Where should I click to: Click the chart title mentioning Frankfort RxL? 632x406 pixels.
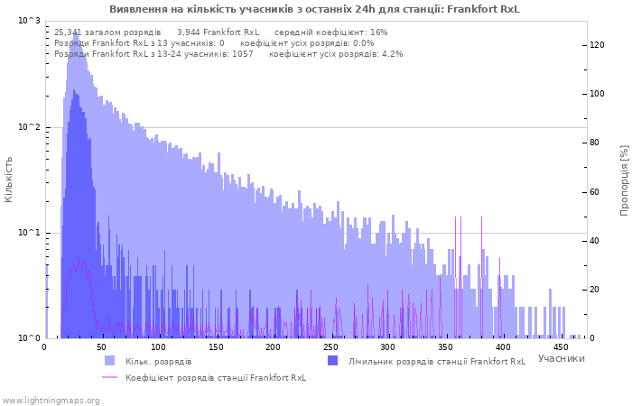(314, 9)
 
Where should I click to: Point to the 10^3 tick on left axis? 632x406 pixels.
(30, 21)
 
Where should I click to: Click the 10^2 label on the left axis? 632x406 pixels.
(30, 127)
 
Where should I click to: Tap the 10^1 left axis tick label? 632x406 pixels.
(30, 233)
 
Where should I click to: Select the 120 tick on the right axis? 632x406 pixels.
(597, 45)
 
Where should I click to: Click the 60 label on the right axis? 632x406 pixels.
(594, 191)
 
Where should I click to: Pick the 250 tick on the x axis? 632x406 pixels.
(330, 347)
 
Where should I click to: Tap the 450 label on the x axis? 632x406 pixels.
(560, 347)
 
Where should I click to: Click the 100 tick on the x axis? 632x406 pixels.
(158, 347)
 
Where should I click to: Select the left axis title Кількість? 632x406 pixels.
(8, 180)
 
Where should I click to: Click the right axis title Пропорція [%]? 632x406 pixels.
(624, 180)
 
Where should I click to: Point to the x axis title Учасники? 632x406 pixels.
(561, 358)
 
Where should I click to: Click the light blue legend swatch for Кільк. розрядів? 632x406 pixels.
(109, 361)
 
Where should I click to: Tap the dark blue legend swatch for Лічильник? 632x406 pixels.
(332, 361)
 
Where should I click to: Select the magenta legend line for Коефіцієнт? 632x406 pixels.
(109, 377)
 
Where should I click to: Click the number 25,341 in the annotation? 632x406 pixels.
(67, 32)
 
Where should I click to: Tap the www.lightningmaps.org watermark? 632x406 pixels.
(51, 401)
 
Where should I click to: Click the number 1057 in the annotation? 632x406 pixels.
(243, 54)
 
